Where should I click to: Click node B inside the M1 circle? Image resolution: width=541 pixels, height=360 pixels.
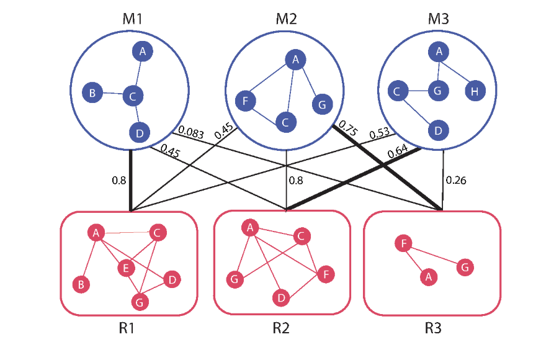click(x=92, y=94)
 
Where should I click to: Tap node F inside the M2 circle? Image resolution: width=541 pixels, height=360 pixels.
click(x=246, y=99)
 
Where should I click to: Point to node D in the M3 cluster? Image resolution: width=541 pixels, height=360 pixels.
click(x=439, y=130)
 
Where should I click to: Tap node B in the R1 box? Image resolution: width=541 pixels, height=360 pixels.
click(x=80, y=285)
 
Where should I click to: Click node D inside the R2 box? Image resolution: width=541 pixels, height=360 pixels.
click(x=281, y=298)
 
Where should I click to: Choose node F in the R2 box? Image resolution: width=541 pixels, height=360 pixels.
click(x=324, y=274)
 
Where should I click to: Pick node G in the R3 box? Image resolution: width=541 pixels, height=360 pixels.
click(x=465, y=268)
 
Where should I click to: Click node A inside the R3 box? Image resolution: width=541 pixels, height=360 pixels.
click(x=426, y=277)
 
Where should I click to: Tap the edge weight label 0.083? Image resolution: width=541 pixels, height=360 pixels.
click(x=190, y=130)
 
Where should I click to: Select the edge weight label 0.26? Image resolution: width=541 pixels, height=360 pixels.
click(x=456, y=181)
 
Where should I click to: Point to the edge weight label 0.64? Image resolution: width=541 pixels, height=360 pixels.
click(x=398, y=152)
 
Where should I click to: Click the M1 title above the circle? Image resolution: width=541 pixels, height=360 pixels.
click(x=132, y=19)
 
